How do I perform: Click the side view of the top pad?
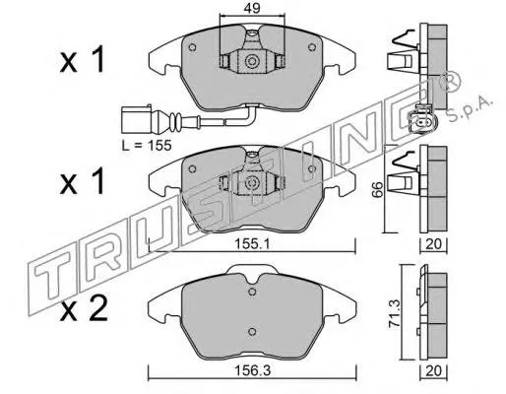tap(429, 57)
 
